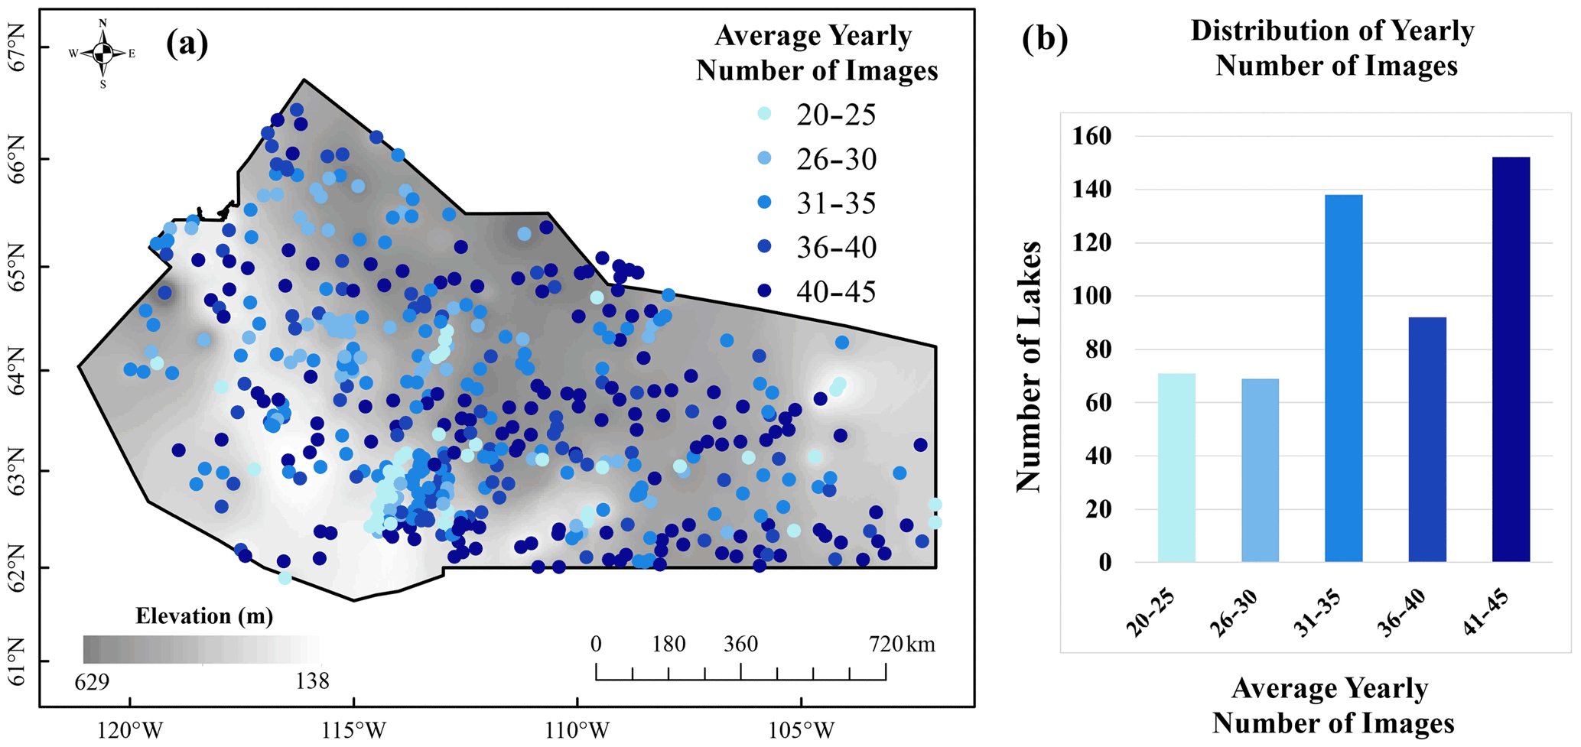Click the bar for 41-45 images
tap(1511, 359)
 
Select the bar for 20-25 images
tap(1176, 468)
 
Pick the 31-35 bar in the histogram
tap(1343, 378)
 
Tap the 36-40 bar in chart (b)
tap(1427, 440)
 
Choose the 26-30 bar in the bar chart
tap(1260, 470)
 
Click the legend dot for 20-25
tap(763, 114)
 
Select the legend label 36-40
tap(836, 248)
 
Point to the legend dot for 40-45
tap(763, 291)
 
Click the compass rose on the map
tap(102, 53)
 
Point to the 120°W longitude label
tap(130, 730)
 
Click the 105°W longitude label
tap(802, 730)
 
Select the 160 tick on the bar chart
tap(1095, 136)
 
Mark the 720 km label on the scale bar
tap(902, 645)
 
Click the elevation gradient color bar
tap(202, 649)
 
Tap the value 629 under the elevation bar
tap(92, 680)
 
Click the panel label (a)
tap(187, 44)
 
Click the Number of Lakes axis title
tap(1029, 367)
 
